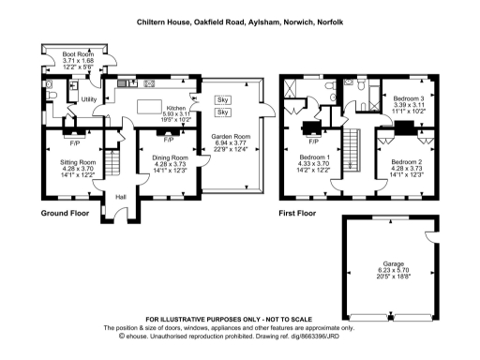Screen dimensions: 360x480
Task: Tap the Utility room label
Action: click(90, 99)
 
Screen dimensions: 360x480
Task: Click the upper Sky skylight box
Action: click(222, 99)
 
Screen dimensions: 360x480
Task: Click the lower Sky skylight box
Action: click(222, 112)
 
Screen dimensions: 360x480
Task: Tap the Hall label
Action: click(120, 197)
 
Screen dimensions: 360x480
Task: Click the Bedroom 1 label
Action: click(314, 159)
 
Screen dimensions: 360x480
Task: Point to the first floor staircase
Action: click(353, 150)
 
